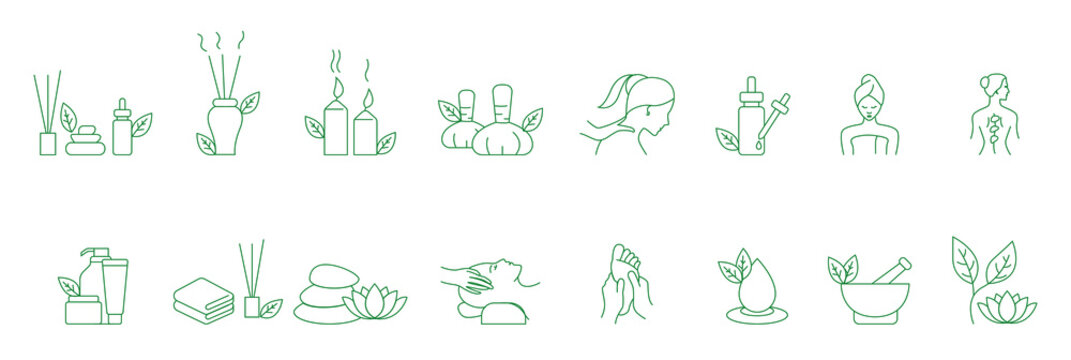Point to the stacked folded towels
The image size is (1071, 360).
[203, 299]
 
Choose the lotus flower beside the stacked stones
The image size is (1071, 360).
[374, 302]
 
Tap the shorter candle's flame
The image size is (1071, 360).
[367, 98]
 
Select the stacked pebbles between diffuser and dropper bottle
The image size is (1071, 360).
[86, 140]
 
